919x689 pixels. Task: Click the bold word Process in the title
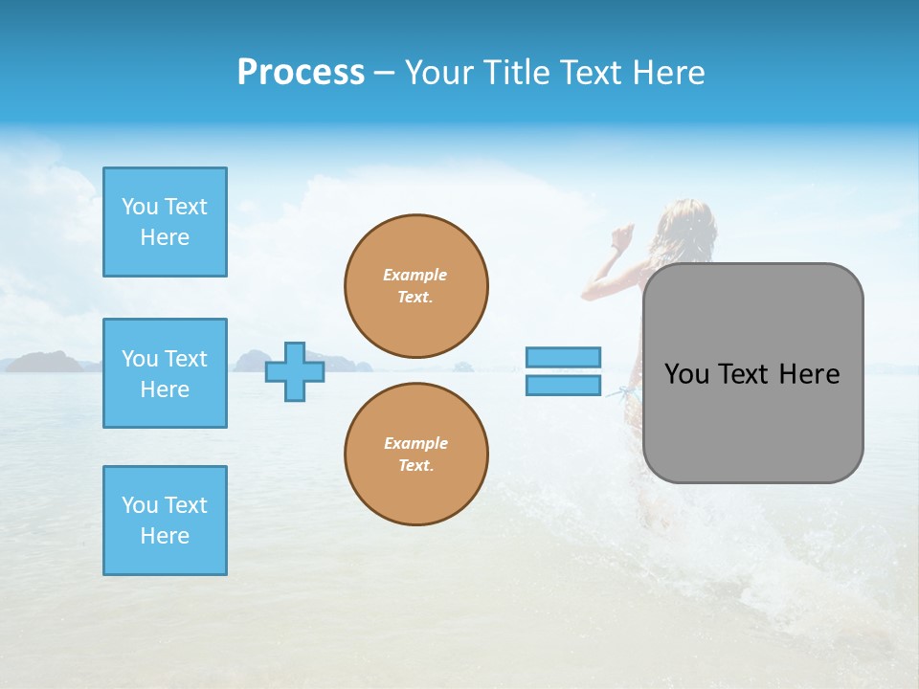coord(301,73)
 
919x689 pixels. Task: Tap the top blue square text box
coord(165,222)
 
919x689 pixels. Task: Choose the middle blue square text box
coord(165,373)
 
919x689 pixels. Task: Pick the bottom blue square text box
coord(165,521)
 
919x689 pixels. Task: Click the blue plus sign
coord(295,372)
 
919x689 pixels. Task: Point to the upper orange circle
coord(416,286)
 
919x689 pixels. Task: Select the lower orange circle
coord(416,455)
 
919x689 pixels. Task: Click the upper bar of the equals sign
coord(563,357)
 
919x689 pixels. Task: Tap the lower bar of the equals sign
coord(563,386)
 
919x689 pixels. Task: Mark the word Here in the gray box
coord(809,374)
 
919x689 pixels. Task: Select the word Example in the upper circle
coord(415,275)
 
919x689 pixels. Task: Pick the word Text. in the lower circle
coord(415,466)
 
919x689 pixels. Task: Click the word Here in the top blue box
coord(165,237)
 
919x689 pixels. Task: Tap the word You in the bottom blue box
coord(140,505)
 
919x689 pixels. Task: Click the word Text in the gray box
coord(745,374)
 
